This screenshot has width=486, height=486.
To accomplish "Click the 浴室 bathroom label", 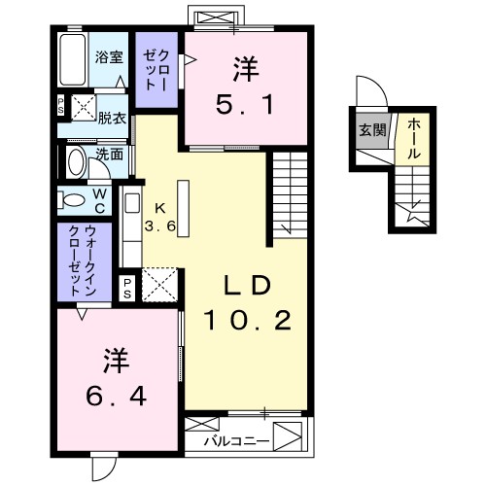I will [108, 56].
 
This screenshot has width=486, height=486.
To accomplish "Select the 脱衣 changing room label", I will [111, 118].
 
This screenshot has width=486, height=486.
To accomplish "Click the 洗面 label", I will [110, 154].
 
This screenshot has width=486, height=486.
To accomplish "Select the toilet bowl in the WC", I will [72, 200].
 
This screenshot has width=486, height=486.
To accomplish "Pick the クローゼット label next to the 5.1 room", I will [156, 70].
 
